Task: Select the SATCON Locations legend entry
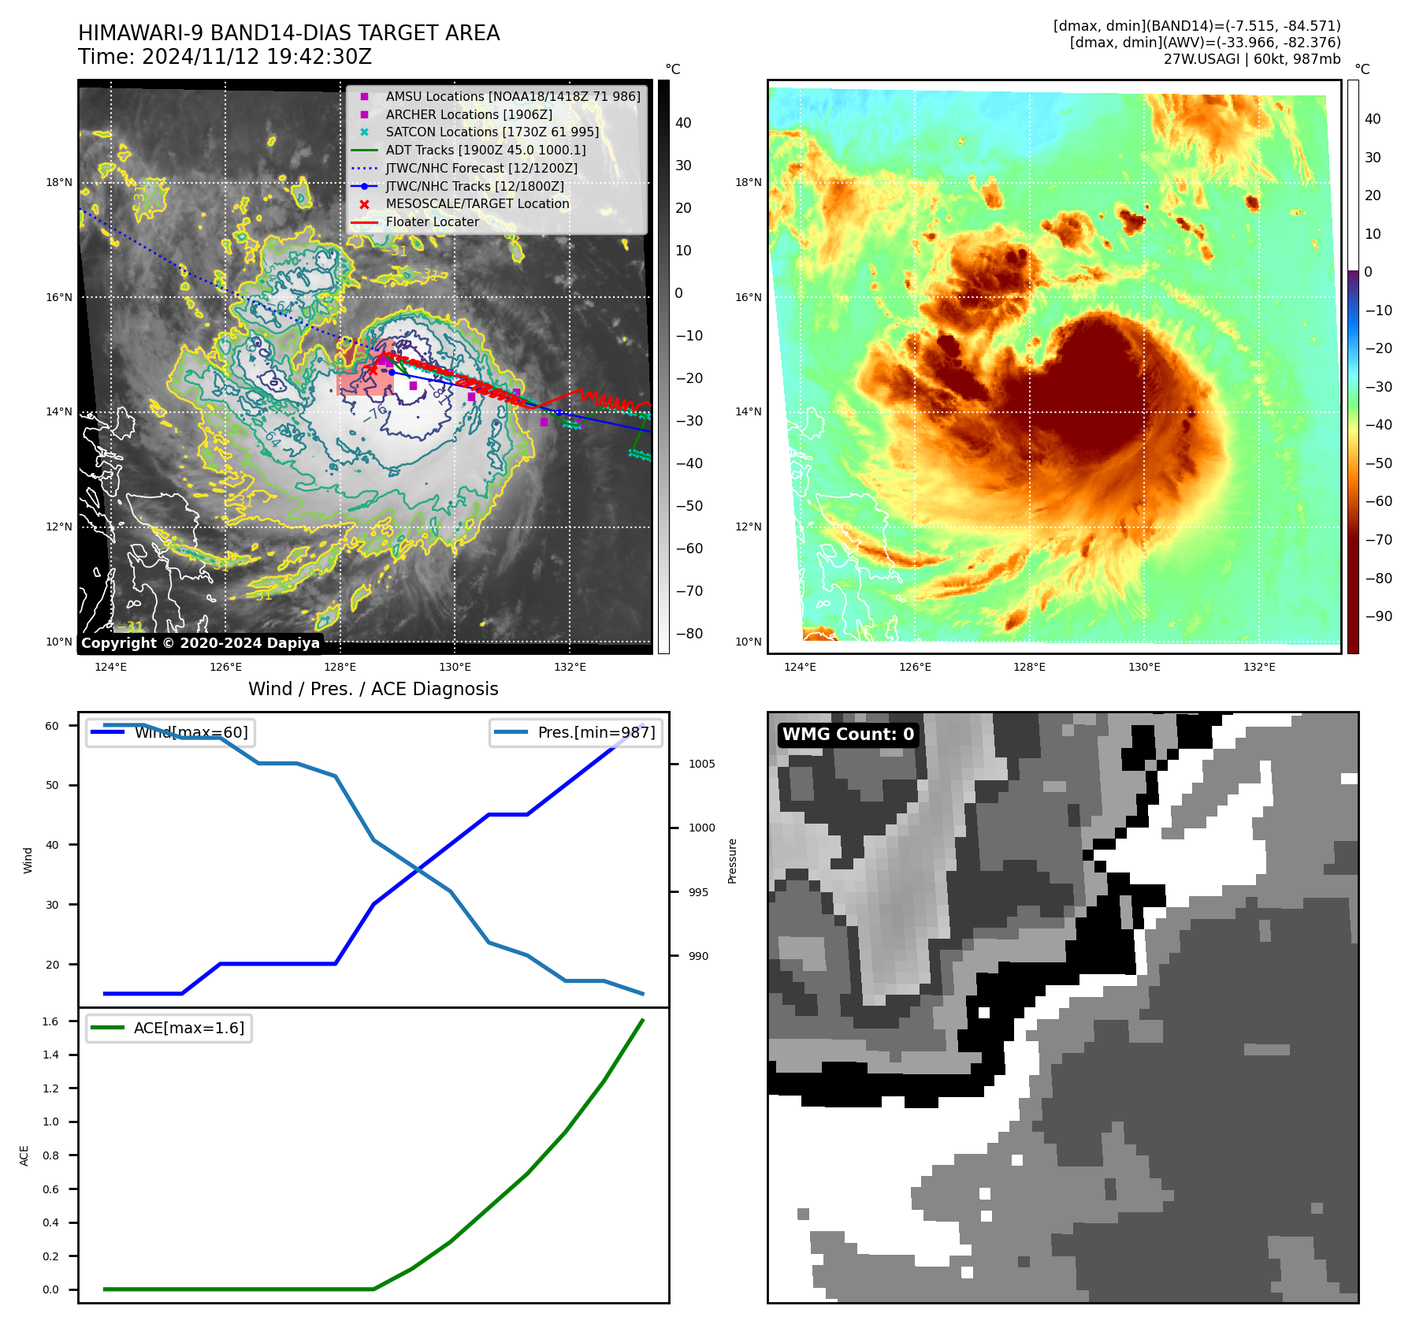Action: tap(492, 132)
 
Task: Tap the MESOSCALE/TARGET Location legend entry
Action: tap(477, 204)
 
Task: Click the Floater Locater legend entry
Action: tap(432, 222)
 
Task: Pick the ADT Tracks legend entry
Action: tap(485, 151)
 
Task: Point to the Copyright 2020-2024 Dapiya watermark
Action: tap(200, 643)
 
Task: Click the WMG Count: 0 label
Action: tap(848, 735)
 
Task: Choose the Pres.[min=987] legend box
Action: tap(575, 733)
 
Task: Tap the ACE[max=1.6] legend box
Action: tap(169, 1029)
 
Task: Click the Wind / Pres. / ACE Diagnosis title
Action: tap(373, 690)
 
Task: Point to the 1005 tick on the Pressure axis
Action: tap(701, 764)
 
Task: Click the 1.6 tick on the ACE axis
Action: tap(50, 1021)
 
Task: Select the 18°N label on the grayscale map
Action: tap(59, 183)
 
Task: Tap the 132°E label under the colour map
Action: tap(1259, 668)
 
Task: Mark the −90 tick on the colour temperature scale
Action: tap(1378, 616)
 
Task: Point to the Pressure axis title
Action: tap(733, 861)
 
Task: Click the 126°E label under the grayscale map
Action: tap(225, 668)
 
